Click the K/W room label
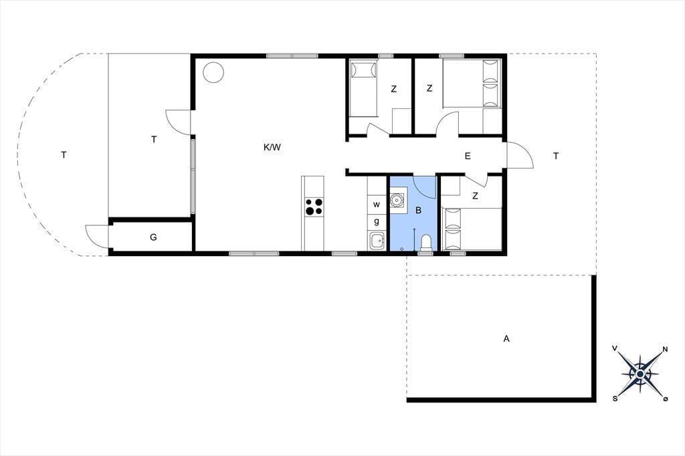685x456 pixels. pos(272,148)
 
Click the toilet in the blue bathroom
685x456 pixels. pos(425,243)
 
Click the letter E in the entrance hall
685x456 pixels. pos(468,156)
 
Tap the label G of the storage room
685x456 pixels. pos(153,237)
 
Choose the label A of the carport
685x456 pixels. pos(506,338)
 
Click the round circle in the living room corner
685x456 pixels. pos(214,72)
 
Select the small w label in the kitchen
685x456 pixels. pos(377,205)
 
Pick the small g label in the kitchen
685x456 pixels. pos(377,222)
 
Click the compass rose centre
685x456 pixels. pos(640,374)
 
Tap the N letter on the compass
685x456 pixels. pos(666,349)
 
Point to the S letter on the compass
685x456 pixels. pos(615,398)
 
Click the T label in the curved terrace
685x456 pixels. pos(64,155)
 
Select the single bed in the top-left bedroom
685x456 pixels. pos(363,89)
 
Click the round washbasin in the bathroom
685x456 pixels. pos(398,201)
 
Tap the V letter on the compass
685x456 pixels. pos(615,348)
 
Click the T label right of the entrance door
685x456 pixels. pos(556,156)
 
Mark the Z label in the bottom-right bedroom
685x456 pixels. pos(475,196)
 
